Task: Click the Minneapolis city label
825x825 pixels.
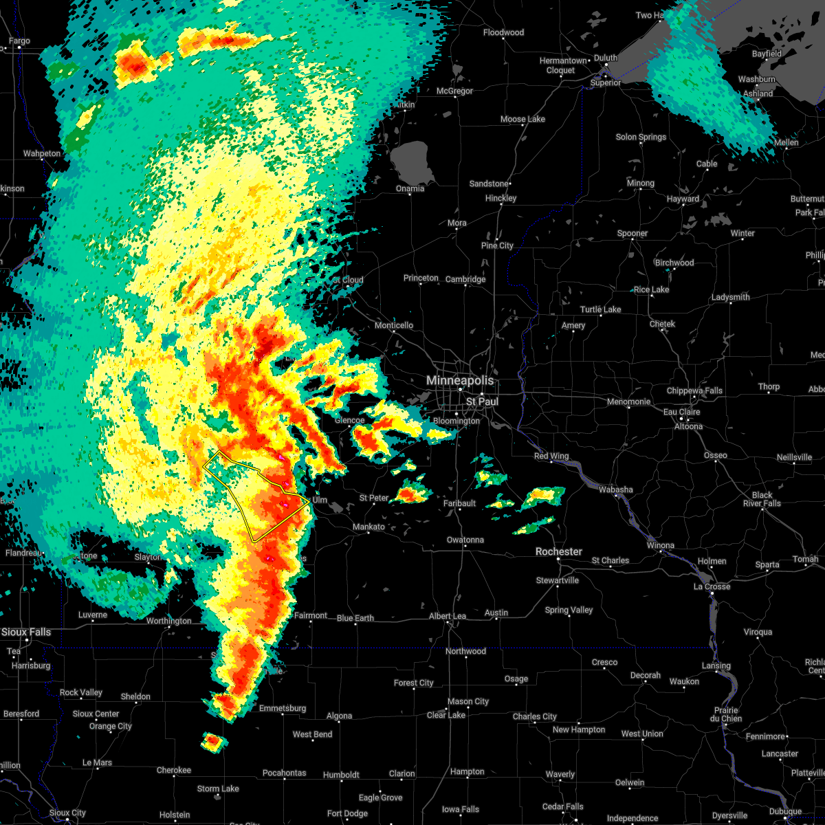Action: (460, 380)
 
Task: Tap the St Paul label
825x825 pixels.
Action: (482, 401)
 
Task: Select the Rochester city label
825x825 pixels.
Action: (559, 551)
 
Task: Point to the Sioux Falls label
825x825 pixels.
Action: (26, 632)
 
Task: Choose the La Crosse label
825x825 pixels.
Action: (712, 586)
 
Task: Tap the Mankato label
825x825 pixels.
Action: (368, 527)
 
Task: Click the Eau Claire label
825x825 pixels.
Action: (681, 412)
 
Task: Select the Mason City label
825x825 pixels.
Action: (468, 701)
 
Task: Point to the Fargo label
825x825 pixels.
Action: (19, 41)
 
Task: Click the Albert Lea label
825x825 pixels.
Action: (448, 616)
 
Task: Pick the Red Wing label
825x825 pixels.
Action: (551, 456)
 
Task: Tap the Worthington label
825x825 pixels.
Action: (169, 621)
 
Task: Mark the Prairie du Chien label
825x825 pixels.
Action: (727, 714)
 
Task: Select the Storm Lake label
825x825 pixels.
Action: (218, 789)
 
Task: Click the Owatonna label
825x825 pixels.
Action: (465, 540)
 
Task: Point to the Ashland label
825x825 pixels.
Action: (758, 93)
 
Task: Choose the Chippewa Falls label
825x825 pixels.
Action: (694, 390)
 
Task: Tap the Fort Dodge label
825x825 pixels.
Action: (347, 813)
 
